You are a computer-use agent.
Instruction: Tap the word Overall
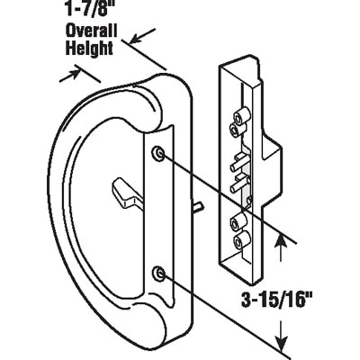click(92, 31)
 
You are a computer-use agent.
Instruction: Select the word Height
click(89, 48)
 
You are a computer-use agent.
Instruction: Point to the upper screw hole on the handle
click(158, 153)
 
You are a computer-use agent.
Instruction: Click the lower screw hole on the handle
click(158, 273)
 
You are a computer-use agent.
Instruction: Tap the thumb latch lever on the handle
click(127, 196)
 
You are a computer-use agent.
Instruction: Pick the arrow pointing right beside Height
click(70, 75)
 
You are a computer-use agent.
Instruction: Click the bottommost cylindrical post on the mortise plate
click(240, 239)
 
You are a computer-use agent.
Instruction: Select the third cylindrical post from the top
click(238, 221)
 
